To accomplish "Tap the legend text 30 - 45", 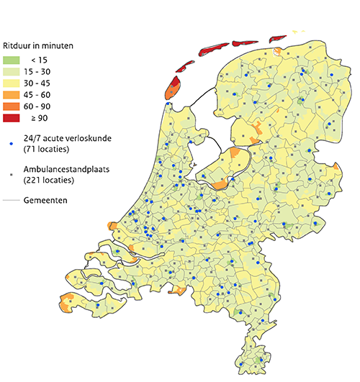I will (45, 83).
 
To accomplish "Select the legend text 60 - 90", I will (45, 106).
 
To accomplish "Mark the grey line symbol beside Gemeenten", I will (12, 200).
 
